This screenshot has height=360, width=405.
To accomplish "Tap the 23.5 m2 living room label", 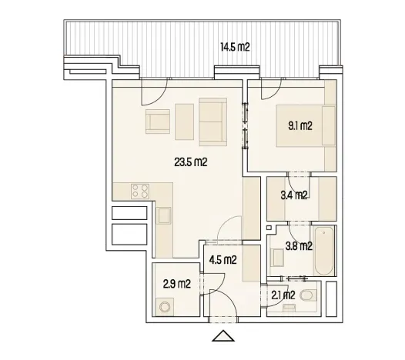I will click(189, 162).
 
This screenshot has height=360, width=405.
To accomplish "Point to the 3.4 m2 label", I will click(294, 195).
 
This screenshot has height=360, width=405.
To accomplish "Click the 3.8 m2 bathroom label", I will click(298, 247).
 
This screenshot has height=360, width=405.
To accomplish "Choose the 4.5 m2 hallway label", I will click(223, 258).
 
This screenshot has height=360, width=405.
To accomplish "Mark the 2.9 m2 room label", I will click(177, 284).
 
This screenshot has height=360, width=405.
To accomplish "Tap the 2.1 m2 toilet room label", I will click(283, 295).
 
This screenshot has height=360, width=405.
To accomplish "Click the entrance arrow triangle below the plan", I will click(223, 335).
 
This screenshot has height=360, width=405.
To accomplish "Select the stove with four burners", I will click(139, 191).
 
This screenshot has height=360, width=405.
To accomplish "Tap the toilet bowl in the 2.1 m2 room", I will click(310, 296).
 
